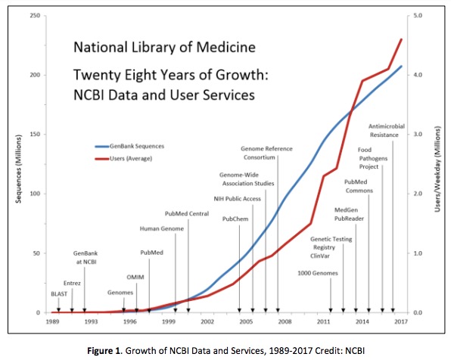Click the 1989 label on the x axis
tap(51, 322)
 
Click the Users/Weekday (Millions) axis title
tap(438, 164)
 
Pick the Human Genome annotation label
tap(160, 228)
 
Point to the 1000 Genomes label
tap(317, 272)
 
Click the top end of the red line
tap(401, 39)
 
